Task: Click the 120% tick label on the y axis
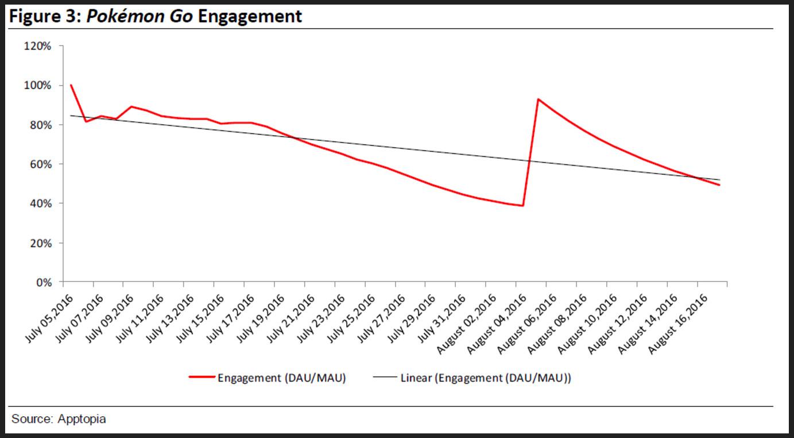pos(37,46)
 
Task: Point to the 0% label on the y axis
pos(42,282)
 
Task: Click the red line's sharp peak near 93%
pos(538,99)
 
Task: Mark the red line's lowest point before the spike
pos(522,205)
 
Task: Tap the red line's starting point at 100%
pos(71,85)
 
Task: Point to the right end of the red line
pos(719,185)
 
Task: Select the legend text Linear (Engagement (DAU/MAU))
pos(486,378)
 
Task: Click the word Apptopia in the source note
pos(82,419)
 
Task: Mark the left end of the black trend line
pos(71,116)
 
